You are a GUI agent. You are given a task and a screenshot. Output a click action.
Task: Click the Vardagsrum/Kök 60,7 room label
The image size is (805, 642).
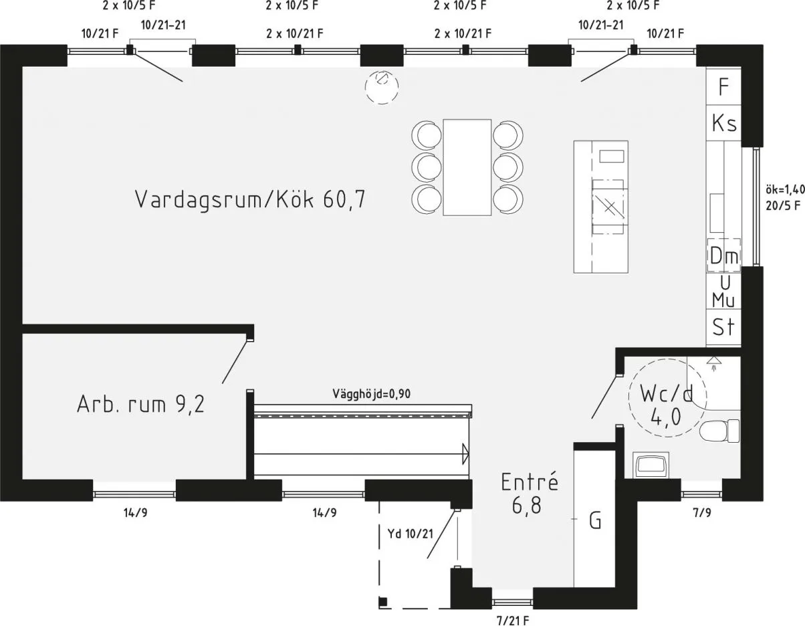coord(250,199)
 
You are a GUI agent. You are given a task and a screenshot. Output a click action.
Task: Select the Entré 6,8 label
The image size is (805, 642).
coord(529,494)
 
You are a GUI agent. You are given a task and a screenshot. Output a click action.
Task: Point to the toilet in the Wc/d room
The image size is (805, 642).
coord(721,431)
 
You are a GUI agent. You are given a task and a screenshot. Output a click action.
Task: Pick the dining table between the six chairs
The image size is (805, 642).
coord(467,167)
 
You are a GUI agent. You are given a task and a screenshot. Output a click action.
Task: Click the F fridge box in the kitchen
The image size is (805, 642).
coord(723,86)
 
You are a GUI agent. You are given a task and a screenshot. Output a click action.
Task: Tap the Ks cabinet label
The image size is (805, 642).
coord(723,124)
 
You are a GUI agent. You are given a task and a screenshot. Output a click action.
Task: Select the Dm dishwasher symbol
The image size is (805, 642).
coord(723,255)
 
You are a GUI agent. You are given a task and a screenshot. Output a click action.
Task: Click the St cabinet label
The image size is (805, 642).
coord(723,328)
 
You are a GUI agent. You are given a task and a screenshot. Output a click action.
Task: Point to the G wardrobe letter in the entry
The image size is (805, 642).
coord(595,520)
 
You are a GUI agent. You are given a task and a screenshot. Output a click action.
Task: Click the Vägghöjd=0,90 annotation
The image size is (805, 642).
coord(371,395)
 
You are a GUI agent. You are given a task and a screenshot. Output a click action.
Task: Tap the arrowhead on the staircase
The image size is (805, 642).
coord(465,454)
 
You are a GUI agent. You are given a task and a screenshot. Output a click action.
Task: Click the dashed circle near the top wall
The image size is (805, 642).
coord(382,88)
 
